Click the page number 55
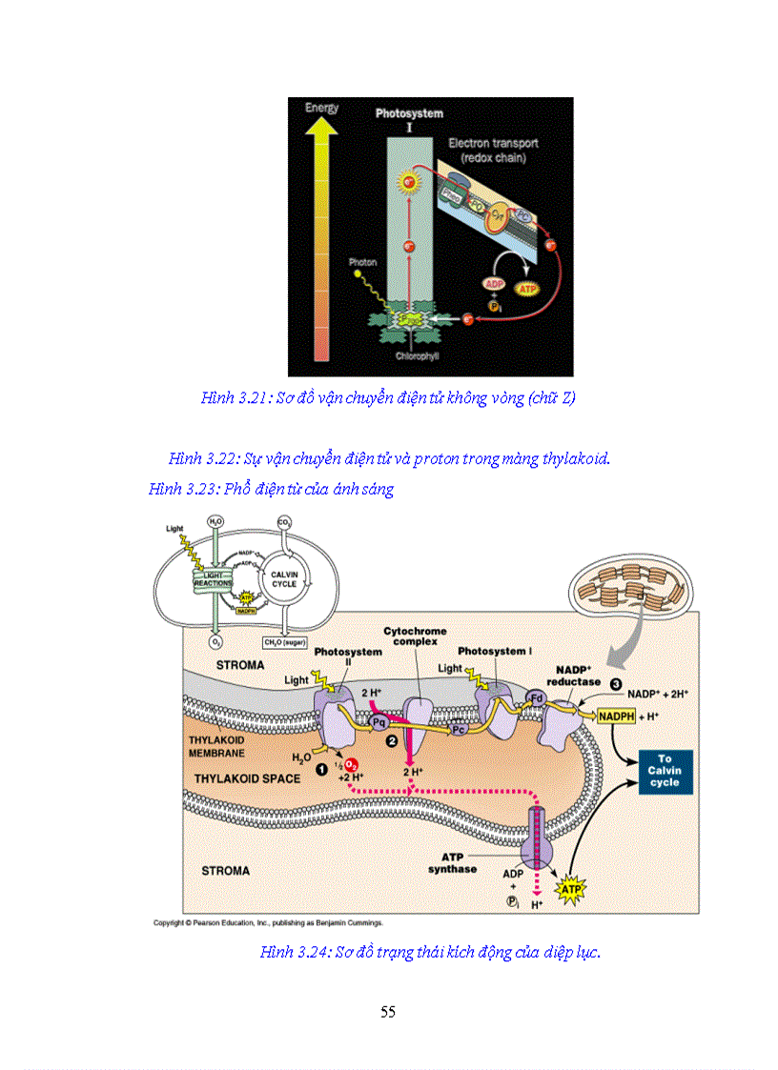(388, 1012)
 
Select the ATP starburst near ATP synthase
(570, 890)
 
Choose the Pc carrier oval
(461, 728)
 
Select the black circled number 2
(389, 739)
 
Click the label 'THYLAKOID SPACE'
(248, 778)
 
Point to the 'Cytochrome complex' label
(415, 636)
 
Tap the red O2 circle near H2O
(351, 765)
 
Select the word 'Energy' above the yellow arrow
(321, 108)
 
